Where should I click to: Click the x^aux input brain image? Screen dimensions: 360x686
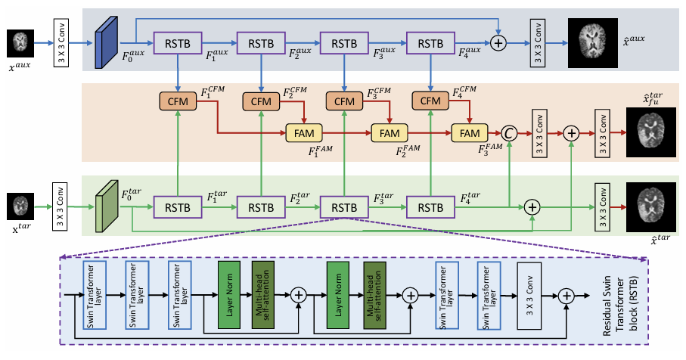pos(21,39)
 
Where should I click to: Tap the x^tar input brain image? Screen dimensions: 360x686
pos(21,206)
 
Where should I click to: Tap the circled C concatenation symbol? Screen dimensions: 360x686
pos(510,133)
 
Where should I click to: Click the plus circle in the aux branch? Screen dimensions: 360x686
pos(498,43)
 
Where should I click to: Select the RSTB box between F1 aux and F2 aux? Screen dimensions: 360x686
pos(259,42)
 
